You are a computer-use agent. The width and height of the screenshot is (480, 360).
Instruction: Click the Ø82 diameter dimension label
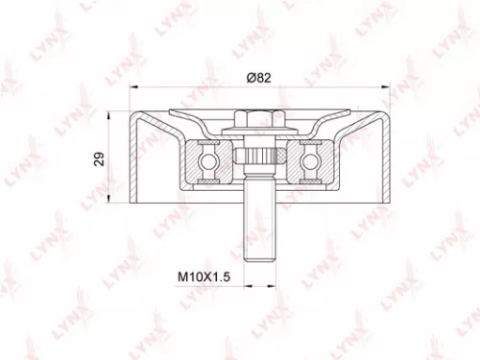coord(256,80)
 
